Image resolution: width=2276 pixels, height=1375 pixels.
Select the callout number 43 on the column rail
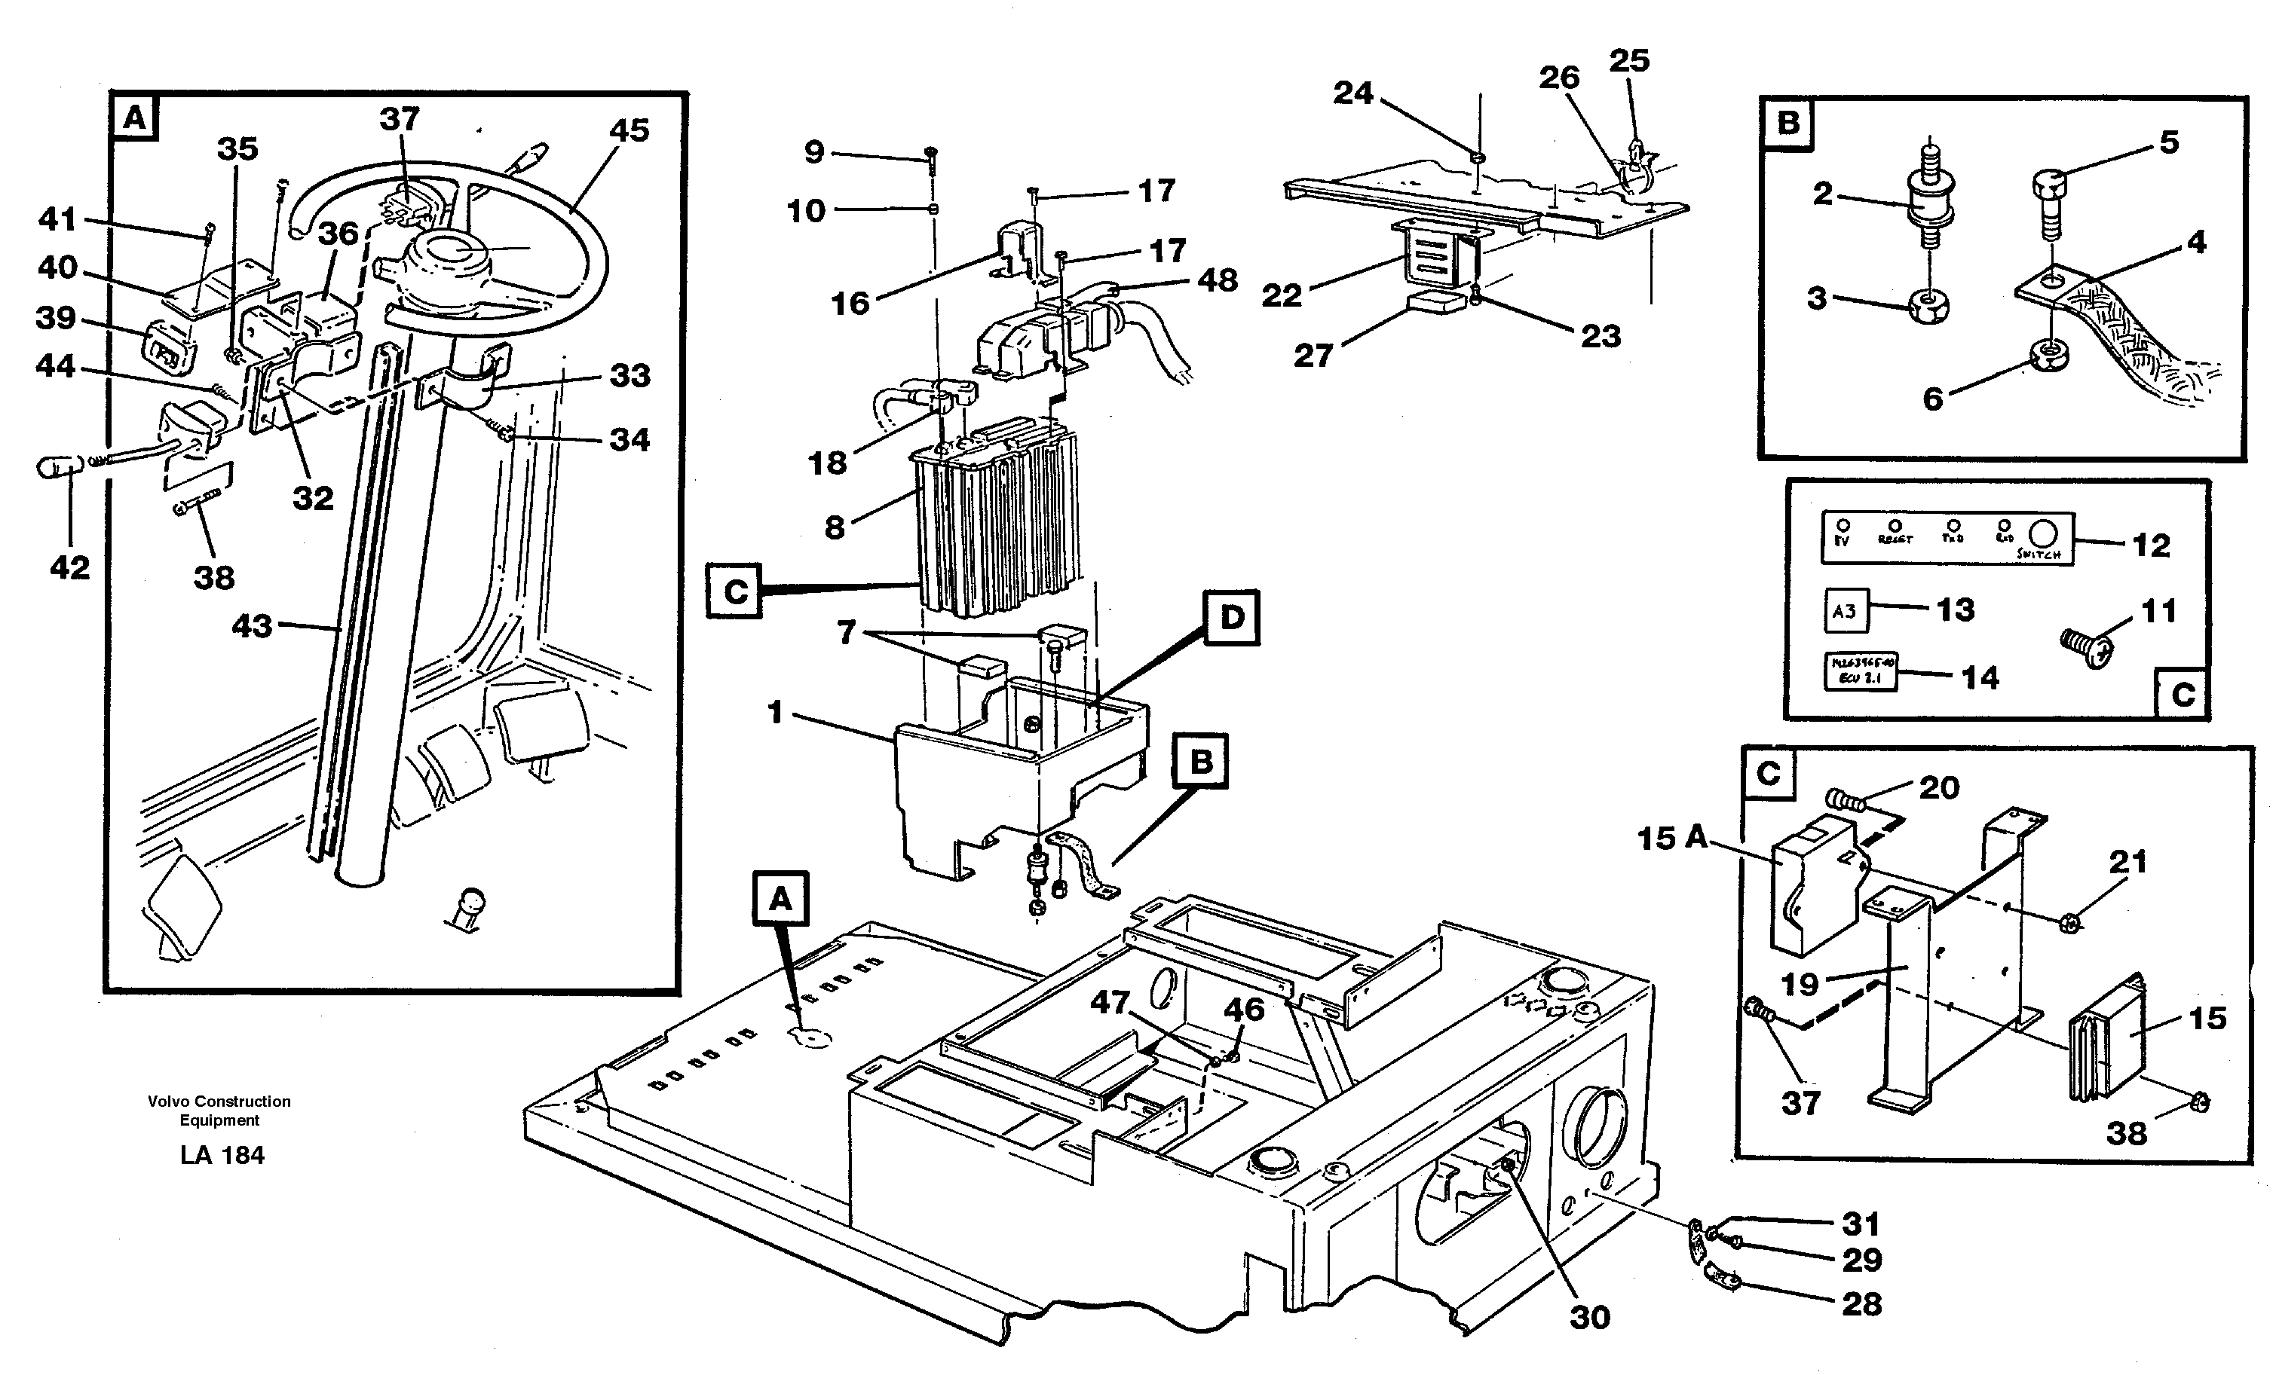coord(251,626)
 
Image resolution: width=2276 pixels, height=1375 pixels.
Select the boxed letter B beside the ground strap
coord(1200,762)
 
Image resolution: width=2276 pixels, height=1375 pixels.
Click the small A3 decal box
coord(1845,610)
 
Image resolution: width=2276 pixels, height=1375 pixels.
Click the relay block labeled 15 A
coord(1810,887)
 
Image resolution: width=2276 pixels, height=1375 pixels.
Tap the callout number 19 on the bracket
coord(1800,985)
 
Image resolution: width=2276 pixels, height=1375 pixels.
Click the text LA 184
coord(222,1155)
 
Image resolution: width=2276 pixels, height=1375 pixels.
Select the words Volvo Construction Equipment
coord(219,1110)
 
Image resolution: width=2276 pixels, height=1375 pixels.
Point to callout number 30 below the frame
coord(1588,1317)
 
